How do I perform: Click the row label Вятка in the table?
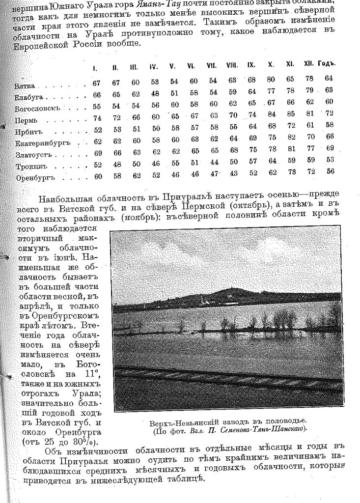[x=25, y=86]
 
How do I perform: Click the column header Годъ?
[x=326, y=64]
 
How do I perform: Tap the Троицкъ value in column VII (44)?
[x=213, y=162]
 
